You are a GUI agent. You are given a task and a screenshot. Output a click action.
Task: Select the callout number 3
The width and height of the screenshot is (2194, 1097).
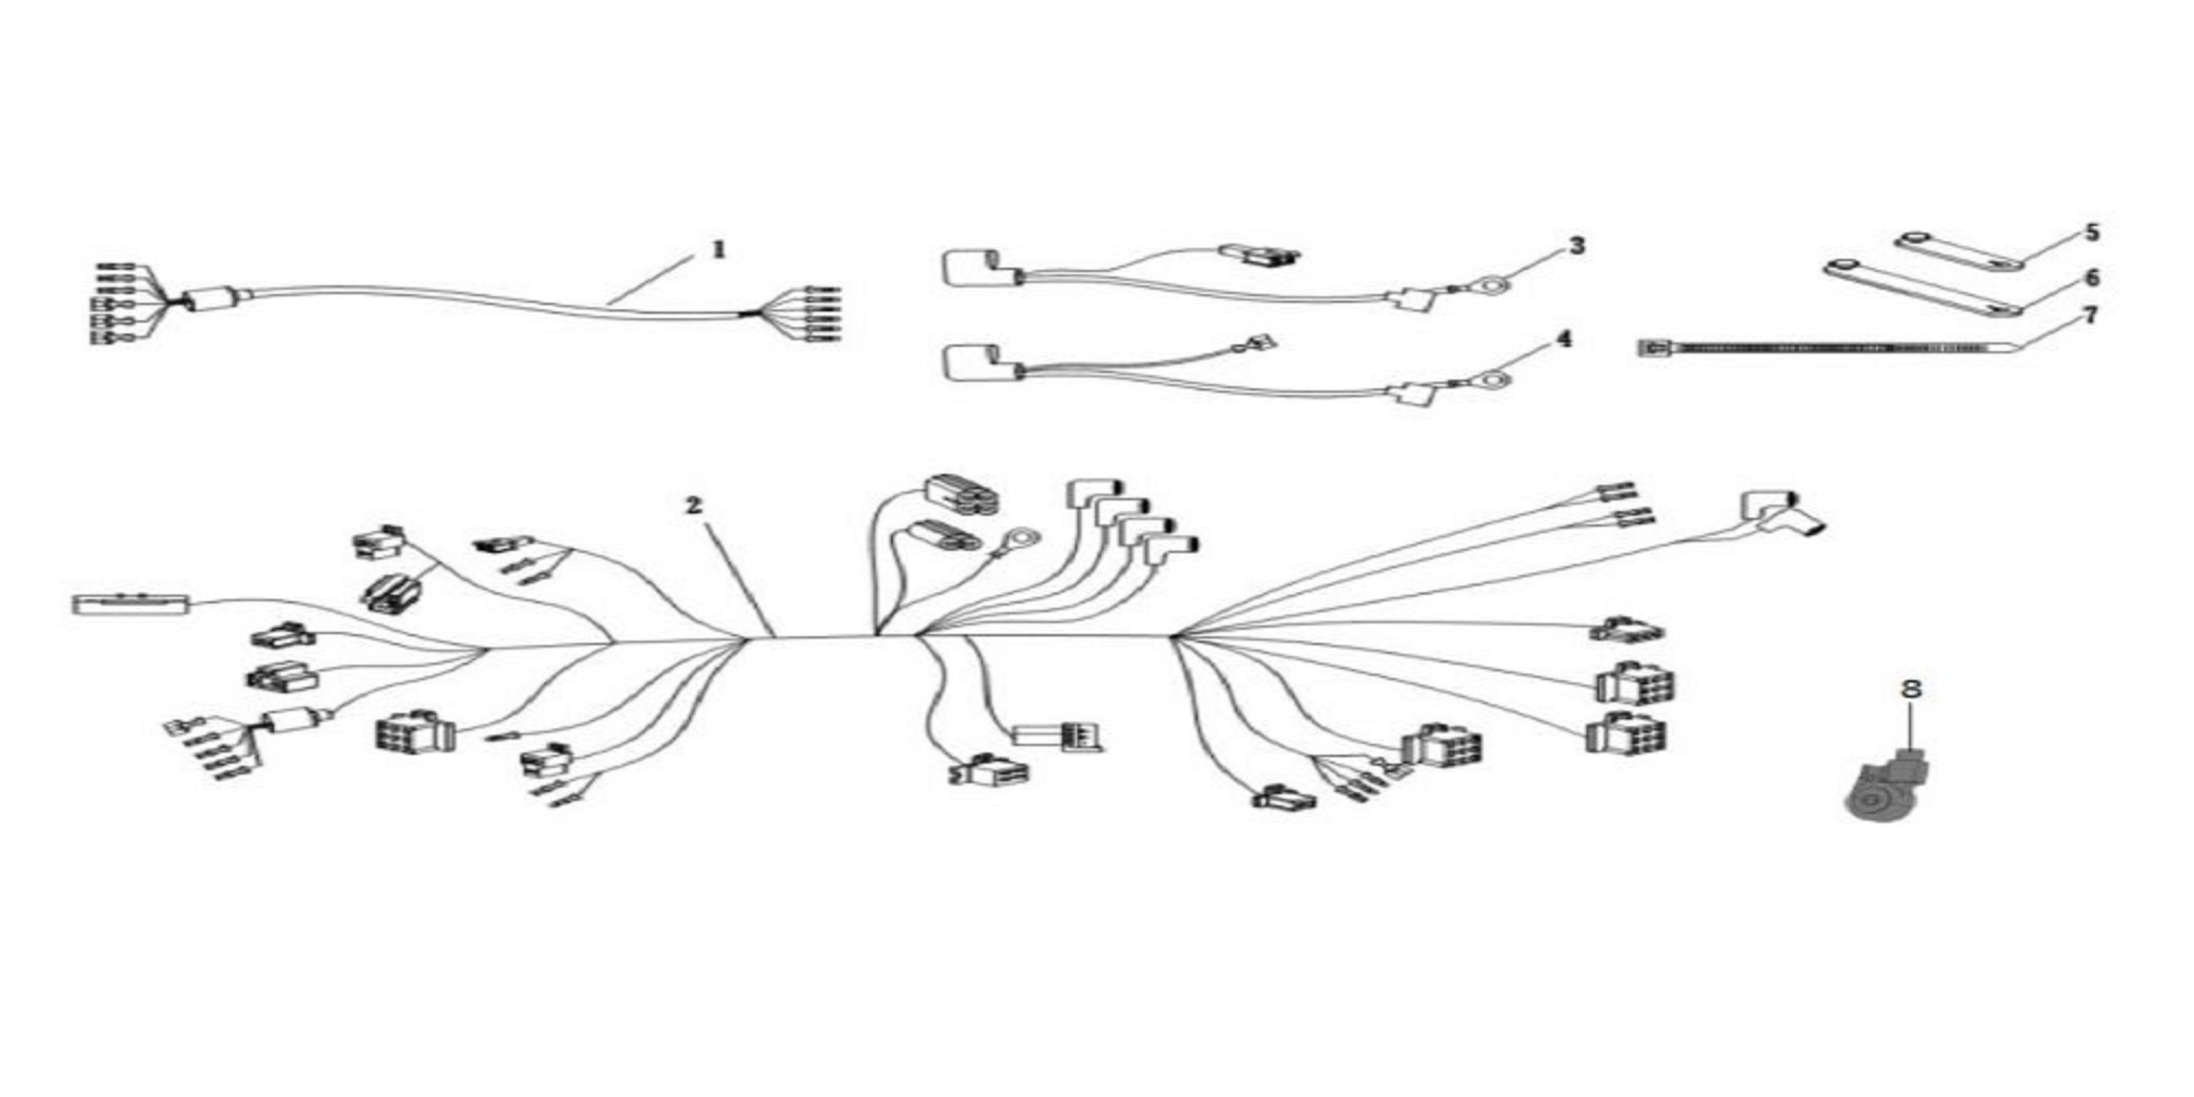tap(1577, 246)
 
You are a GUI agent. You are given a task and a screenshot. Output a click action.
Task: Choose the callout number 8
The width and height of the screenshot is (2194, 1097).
tap(1912, 688)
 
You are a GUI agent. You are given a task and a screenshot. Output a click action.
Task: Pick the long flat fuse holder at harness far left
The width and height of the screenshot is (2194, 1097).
tap(131, 605)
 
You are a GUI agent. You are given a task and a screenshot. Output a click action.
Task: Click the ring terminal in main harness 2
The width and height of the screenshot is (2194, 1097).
tap(1020, 539)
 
